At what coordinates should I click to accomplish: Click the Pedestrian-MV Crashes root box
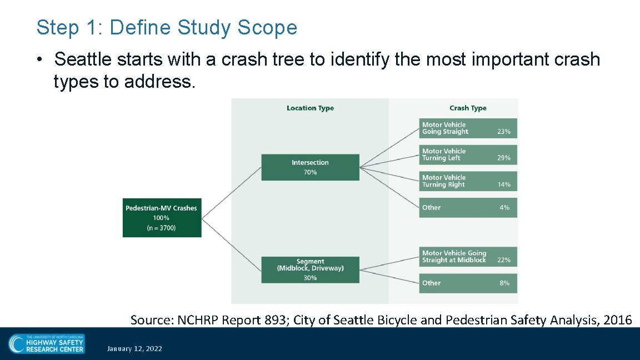(162, 218)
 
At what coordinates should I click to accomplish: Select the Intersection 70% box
(310, 167)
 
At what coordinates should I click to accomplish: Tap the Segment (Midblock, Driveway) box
(310, 269)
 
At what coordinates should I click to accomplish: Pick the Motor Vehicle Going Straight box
(468, 128)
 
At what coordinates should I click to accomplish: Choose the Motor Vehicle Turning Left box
(468, 154)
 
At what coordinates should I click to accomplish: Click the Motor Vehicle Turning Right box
(468, 181)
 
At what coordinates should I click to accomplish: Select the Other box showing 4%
(468, 207)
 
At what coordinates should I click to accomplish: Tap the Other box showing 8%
(468, 283)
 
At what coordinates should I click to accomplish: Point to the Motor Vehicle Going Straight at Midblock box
(468, 256)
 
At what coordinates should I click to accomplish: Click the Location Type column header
(310, 108)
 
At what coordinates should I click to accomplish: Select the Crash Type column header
(468, 108)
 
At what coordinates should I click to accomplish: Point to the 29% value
(503, 158)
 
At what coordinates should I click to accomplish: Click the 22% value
(503, 260)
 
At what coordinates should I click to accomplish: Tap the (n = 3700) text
(161, 228)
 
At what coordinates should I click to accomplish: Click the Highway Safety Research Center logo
(47, 343)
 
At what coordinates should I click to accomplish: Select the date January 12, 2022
(134, 348)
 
